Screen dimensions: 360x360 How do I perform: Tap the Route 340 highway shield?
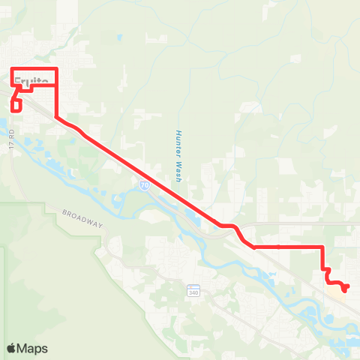193,290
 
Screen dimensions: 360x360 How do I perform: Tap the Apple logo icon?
12,348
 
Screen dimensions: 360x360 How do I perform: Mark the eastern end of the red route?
346,286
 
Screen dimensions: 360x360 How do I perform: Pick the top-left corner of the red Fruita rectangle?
13,70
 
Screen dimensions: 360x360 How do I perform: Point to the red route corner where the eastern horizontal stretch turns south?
323,247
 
